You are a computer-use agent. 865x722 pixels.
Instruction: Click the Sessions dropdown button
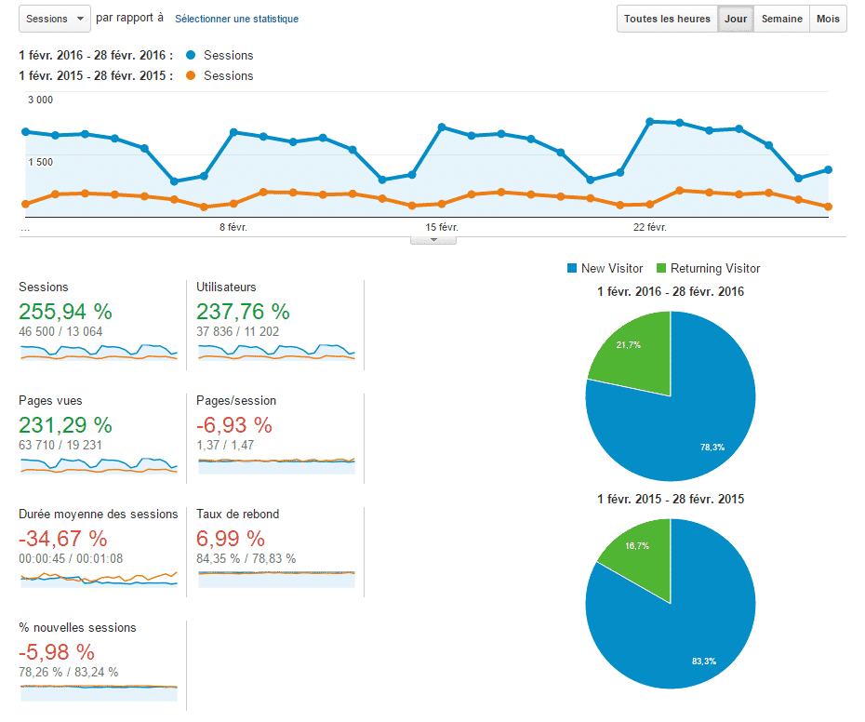54,19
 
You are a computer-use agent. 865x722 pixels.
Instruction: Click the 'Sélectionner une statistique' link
236,19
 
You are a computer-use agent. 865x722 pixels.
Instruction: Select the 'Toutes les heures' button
667,19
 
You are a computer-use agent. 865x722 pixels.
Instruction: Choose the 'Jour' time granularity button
736,19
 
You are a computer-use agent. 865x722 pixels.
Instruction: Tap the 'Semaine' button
782,19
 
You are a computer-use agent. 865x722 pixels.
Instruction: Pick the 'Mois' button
828,19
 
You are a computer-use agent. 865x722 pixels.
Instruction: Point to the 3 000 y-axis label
40,100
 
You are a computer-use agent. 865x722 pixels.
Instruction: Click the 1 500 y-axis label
40,162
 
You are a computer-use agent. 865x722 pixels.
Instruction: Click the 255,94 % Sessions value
65,312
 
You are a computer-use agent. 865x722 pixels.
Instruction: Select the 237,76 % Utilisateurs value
243,312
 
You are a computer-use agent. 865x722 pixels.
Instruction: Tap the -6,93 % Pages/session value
234,425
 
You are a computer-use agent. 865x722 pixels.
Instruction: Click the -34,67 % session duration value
62,539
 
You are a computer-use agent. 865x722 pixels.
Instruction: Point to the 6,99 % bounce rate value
231,539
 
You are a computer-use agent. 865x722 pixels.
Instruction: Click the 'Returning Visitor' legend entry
708,269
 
